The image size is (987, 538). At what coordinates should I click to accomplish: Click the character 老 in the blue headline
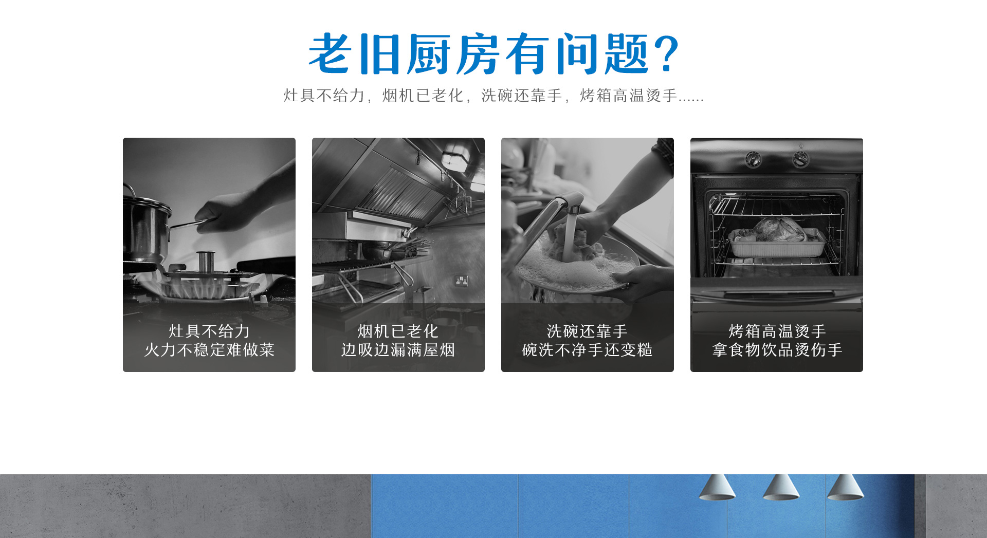coord(330,53)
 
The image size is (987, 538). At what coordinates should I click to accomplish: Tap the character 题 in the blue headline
coord(627,53)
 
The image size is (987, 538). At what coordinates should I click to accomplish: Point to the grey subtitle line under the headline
coord(493,96)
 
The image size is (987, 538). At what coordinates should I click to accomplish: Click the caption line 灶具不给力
coord(209,331)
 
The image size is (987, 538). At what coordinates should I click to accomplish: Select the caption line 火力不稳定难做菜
coord(209,350)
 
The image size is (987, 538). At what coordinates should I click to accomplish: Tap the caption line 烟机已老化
coord(398,331)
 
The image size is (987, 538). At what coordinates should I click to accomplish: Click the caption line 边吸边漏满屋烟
coord(398,350)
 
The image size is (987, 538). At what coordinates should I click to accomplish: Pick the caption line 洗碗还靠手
coord(587,331)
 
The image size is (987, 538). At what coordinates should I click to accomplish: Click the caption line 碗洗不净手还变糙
coord(587,350)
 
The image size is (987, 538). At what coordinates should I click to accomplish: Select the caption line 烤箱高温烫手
coord(777,331)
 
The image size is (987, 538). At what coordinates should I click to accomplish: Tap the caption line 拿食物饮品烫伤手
coord(777,350)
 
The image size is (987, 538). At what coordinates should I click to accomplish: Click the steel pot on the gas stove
coord(147,226)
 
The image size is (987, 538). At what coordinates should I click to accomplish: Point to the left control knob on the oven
coord(754,159)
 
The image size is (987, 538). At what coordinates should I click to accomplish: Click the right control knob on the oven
coord(800,159)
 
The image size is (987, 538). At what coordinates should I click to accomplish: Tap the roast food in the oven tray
coord(777,230)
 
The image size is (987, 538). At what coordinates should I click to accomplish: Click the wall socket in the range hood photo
coord(461,281)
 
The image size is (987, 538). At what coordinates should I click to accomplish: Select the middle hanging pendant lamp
coord(781,487)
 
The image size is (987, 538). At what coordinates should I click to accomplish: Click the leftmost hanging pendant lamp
coord(717,487)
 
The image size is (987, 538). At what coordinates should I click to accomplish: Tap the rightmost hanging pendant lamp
coord(845,487)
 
